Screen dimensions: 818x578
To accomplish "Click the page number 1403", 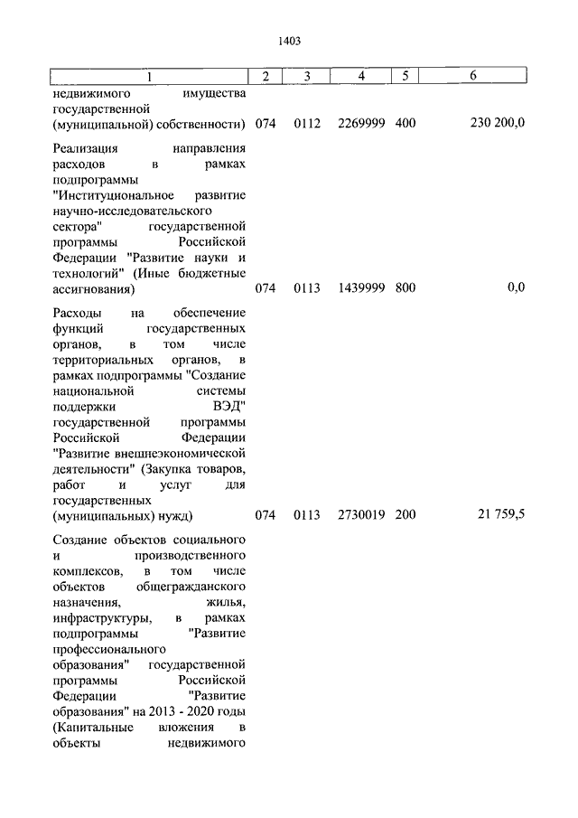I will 289,41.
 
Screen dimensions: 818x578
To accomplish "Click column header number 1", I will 151,77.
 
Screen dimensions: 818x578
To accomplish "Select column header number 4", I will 360,77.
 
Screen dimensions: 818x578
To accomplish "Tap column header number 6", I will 473,77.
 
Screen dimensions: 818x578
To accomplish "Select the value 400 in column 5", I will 406,123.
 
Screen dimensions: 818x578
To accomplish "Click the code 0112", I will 307,123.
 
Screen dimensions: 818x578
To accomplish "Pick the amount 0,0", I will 516,288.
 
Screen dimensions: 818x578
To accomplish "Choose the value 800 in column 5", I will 406,288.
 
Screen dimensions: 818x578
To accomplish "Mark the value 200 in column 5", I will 406,515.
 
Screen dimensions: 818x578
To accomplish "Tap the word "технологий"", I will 89,273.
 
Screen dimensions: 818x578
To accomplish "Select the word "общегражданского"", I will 197,585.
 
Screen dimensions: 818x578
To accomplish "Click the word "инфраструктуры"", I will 96,617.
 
